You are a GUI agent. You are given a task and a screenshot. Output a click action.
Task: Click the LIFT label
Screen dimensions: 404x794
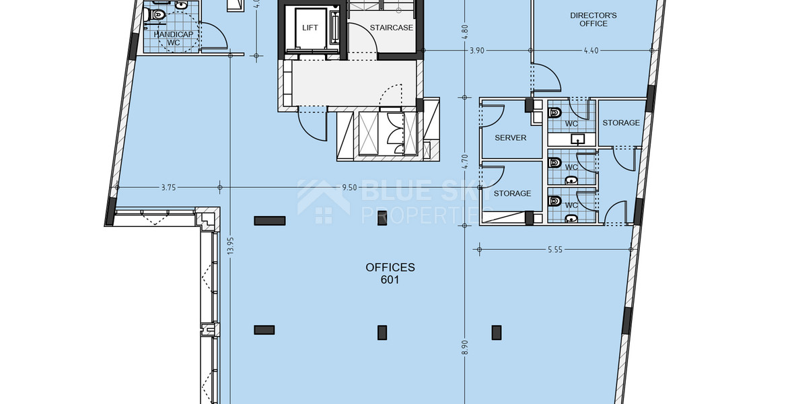click(x=310, y=28)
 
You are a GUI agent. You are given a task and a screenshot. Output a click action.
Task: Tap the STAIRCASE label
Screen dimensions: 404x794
click(x=391, y=28)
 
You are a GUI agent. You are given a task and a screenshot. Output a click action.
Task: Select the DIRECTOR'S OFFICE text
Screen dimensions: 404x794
click(x=593, y=20)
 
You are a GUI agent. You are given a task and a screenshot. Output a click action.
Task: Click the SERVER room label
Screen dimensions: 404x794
click(x=510, y=137)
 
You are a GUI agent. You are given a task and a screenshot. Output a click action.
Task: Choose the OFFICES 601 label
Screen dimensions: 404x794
click(x=390, y=273)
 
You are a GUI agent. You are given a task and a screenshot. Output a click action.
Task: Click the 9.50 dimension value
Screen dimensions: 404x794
click(x=349, y=188)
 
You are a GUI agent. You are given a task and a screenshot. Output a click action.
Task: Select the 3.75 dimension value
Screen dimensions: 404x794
click(x=168, y=188)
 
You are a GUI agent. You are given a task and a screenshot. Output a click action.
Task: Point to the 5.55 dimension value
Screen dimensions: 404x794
click(x=555, y=250)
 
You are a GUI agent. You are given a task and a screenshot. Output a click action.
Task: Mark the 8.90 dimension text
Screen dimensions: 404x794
click(x=464, y=348)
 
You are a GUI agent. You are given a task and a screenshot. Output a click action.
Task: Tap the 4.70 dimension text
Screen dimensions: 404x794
click(x=464, y=164)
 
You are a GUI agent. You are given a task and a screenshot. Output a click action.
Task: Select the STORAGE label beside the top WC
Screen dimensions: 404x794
click(x=621, y=123)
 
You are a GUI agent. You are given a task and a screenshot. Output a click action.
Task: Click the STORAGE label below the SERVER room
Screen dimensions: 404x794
click(x=512, y=193)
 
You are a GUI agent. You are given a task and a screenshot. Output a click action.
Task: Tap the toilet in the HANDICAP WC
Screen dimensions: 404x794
click(x=159, y=14)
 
